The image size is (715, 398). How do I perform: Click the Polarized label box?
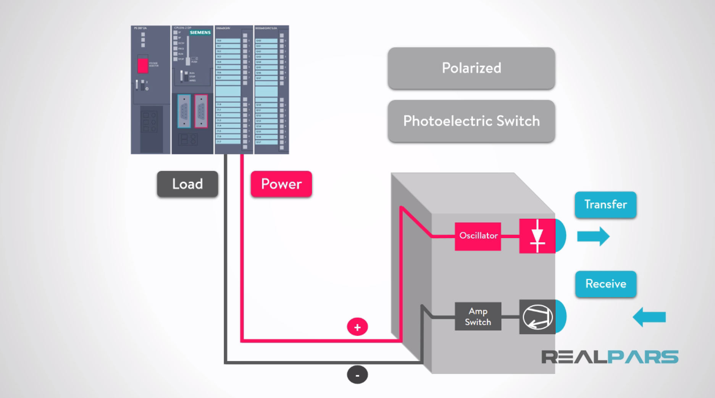[471, 68]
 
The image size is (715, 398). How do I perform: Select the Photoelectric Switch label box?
[471, 121]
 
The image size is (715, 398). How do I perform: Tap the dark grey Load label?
[187, 184]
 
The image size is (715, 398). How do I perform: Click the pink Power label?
[281, 184]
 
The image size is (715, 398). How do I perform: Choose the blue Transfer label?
[605, 205]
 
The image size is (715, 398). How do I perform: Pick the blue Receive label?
[605, 284]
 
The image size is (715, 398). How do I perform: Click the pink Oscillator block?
[478, 236]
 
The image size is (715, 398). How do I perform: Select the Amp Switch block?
[478, 317]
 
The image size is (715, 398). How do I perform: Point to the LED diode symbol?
[537, 236]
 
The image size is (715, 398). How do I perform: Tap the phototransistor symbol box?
[537, 317]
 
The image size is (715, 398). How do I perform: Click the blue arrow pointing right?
[593, 236]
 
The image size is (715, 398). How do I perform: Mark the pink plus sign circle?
[357, 327]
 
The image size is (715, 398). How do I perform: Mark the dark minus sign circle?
[357, 375]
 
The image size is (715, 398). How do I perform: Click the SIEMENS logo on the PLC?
[200, 32]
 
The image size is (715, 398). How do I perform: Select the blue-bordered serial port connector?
[184, 111]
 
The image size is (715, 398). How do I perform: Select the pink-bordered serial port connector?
[201, 111]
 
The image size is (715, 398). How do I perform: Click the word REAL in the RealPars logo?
[574, 357]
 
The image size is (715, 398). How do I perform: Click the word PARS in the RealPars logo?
[643, 357]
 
